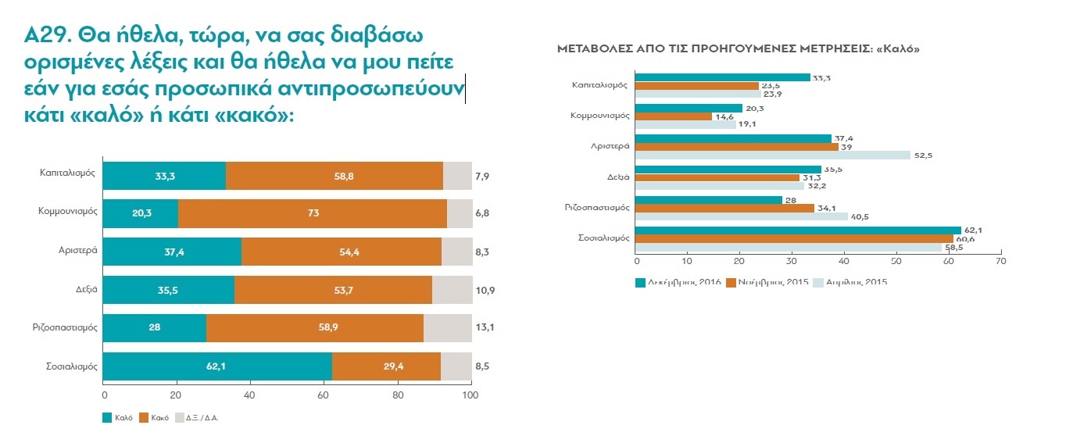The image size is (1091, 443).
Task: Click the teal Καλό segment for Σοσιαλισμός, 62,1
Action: click(x=217, y=366)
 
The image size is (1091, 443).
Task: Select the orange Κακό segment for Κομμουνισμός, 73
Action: click(x=313, y=213)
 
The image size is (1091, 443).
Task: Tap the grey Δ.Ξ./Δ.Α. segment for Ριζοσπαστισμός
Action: click(x=448, y=328)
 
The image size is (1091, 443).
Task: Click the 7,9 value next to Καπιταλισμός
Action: click(x=483, y=175)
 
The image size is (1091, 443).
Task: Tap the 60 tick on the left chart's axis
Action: click(x=324, y=396)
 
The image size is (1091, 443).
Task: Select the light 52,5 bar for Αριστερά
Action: click(x=773, y=155)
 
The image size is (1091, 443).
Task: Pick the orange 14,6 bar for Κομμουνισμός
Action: click(x=674, y=116)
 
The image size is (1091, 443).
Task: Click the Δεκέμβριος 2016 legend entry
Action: click(x=678, y=281)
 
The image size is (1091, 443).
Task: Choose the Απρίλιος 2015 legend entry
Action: click(x=854, y=281)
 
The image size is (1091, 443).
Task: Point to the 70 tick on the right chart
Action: click(x=999, y=260)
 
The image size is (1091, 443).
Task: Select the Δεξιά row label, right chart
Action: click(x=619, y=177)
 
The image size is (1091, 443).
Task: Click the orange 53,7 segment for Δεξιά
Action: click(x=333, y=290)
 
